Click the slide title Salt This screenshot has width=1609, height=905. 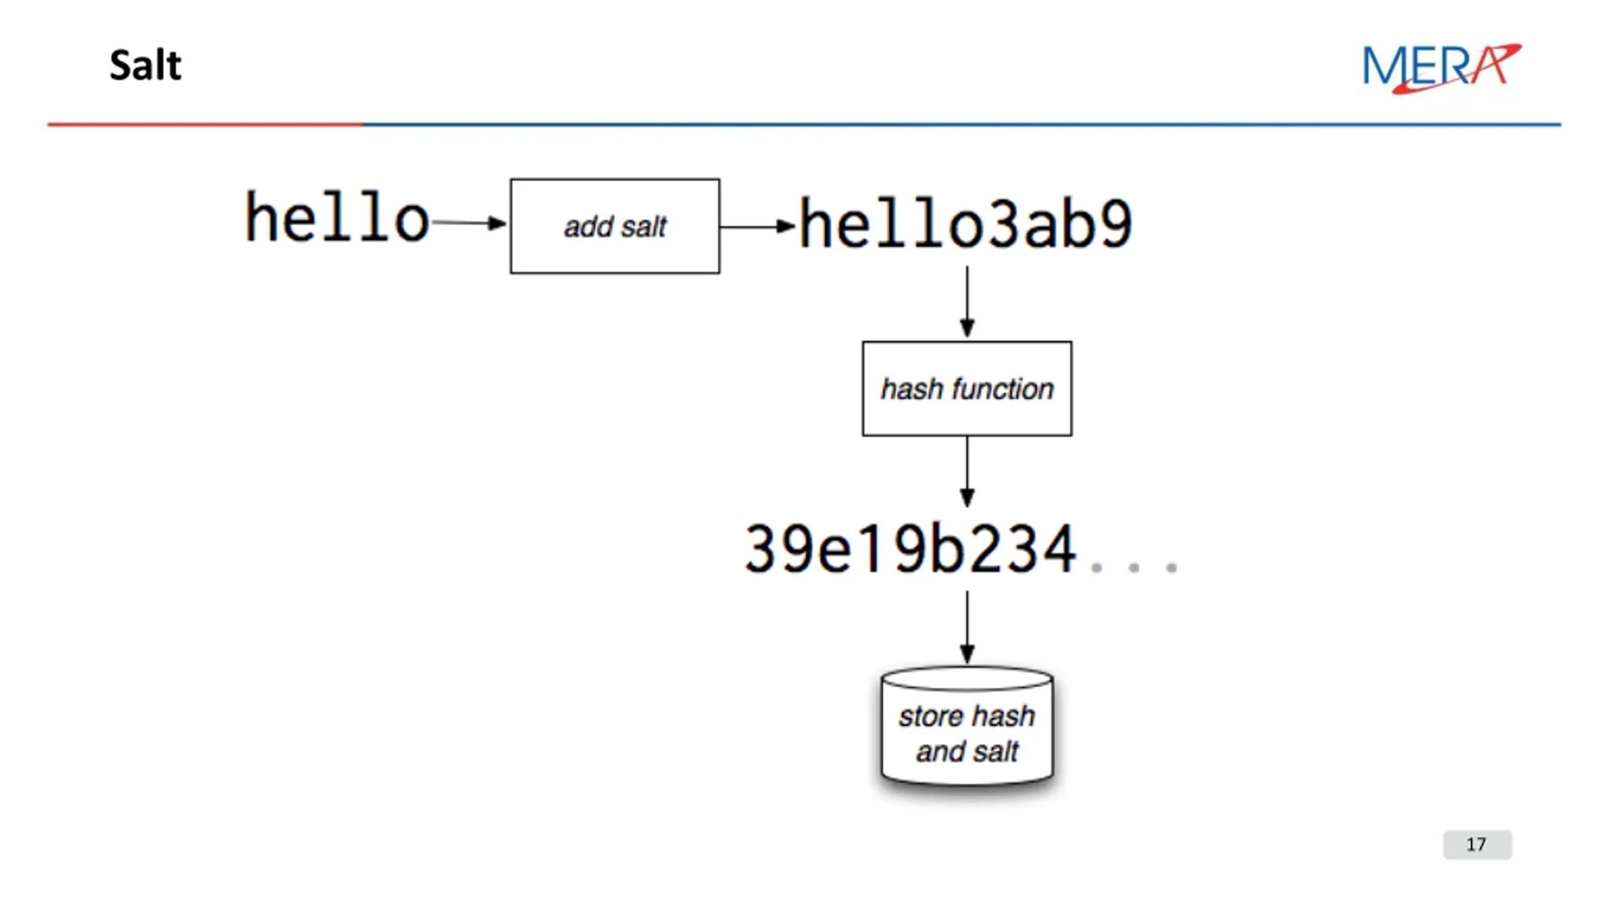click(145, 65)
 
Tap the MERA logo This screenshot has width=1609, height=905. click(1441, 68)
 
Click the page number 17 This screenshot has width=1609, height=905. click(1477, 844)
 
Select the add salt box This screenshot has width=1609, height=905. click(615, 226)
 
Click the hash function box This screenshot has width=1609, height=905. click(967, 388)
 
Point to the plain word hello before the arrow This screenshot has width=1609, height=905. click(337, 217)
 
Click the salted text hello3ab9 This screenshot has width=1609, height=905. click(965, 223)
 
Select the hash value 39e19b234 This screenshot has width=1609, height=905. click(910, 549)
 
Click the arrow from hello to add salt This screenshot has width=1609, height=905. click(469, 222)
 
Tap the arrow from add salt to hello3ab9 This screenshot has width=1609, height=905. click(758, 226)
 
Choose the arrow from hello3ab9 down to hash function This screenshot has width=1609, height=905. click(967, 302)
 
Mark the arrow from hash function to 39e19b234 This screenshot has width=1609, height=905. click(967, 472)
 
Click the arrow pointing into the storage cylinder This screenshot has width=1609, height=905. click(967, 627)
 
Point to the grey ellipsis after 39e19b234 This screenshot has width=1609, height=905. click(1134, 568)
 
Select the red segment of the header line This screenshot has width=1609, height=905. click(205, 124)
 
